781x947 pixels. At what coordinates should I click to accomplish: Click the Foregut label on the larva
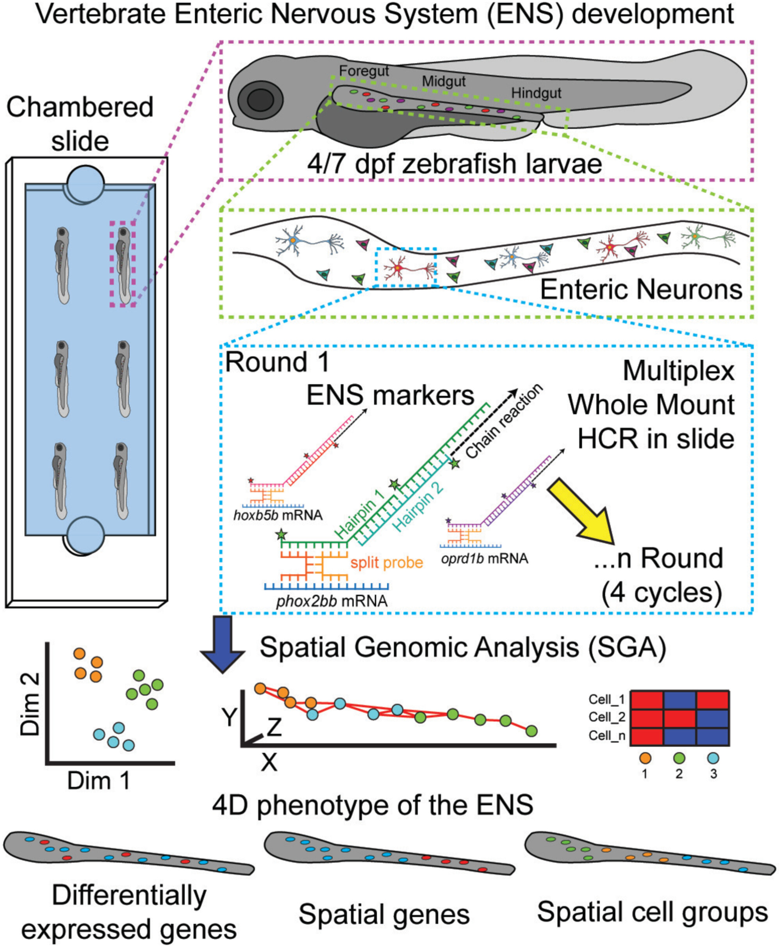click(364, 71)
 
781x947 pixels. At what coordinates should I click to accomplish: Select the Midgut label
click(444, 82)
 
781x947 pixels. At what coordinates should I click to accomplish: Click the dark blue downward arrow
click(222, 643)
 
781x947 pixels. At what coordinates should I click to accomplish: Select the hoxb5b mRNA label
click(278, 515)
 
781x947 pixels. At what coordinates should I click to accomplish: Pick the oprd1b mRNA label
click(484, 559)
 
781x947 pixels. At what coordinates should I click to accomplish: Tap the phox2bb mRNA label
click(332, 601)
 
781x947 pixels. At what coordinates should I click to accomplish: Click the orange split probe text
click(387, 563)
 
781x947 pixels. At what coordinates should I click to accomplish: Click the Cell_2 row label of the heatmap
click(606, 717)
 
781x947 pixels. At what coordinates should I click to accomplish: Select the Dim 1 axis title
click(98, 781)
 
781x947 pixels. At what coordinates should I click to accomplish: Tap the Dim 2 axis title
click(30, 705)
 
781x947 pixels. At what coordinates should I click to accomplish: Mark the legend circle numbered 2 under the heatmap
click(679, 758)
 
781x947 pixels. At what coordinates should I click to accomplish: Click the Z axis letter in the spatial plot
click(273, 727)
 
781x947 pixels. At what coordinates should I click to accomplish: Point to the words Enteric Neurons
click(641, 289)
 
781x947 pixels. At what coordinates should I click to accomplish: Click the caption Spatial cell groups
click(653, 912)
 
